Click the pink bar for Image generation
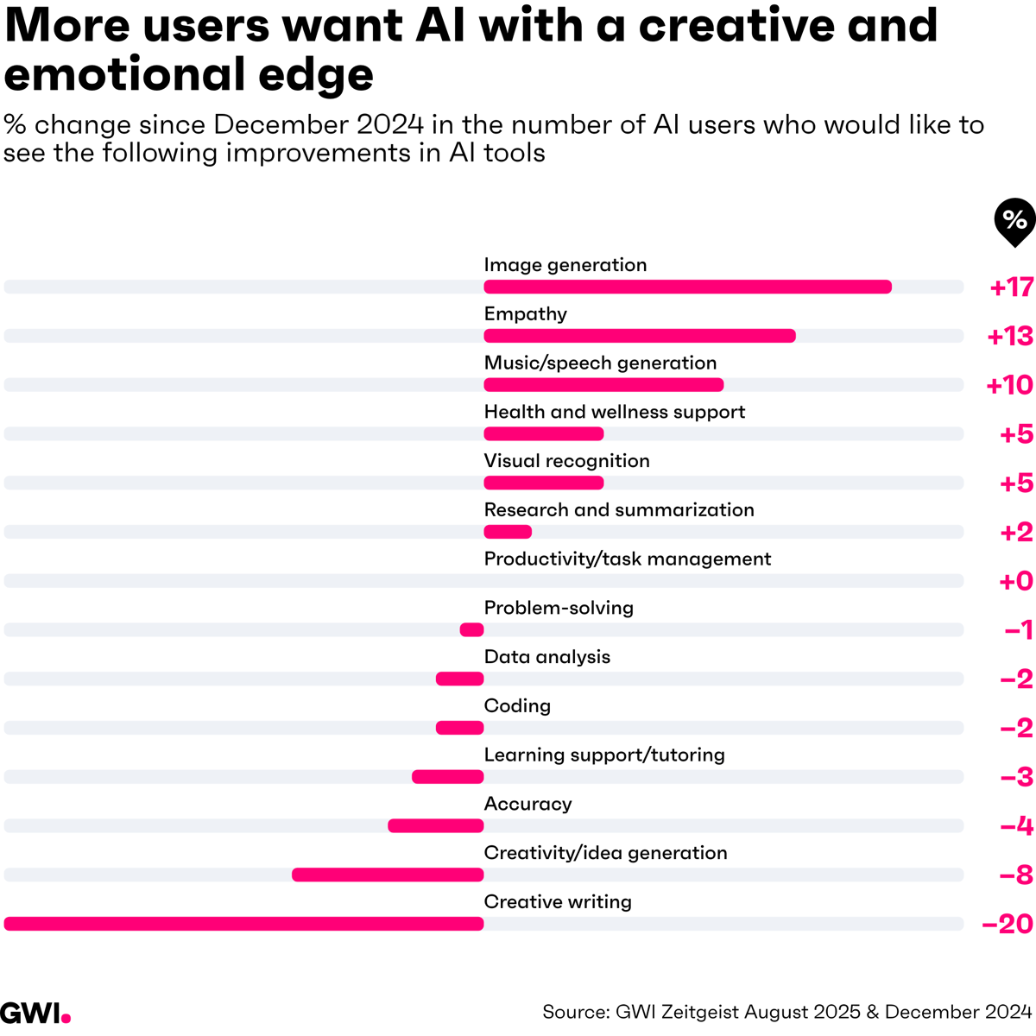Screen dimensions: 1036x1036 pyautogui.click(x=687, y=287)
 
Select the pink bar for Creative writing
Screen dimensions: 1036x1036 pyautogui.click(x=243, y=924)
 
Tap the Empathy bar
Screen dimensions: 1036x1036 pyautogui.click(x=639, y=336)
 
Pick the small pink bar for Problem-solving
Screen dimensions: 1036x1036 pyautogui.click(x=471, y=630)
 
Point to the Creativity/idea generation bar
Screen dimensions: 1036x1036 pyautogui.click(x=388, y=875)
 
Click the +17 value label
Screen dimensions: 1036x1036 pyautogui.click(x=1011, y=287)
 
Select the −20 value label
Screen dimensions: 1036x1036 pyautogui.click(x=1008, y=924)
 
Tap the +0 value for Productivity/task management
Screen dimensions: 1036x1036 pyautogui.click(x=1015, y=581)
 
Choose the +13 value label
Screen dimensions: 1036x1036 pyautogui.click(x=1010, y=336)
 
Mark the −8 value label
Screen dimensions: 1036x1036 pyautogui.click(x=1016, y=875)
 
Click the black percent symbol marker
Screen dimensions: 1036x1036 pyautogui.click(x=1014, y=220)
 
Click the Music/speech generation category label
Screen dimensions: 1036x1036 pyautogui.click(x=600, y=363)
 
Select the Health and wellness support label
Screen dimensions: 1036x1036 pyautogui.click(x=614, y=412)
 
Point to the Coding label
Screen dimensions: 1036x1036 pyautogui.click(x=517, y=705)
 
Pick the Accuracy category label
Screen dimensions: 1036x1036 pyautogui.click(x=527, y=804)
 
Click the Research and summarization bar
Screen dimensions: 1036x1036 pyautogui.click(x=508, y=532)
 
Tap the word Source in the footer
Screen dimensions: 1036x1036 pyautogui.click(x=573, y=1012)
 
